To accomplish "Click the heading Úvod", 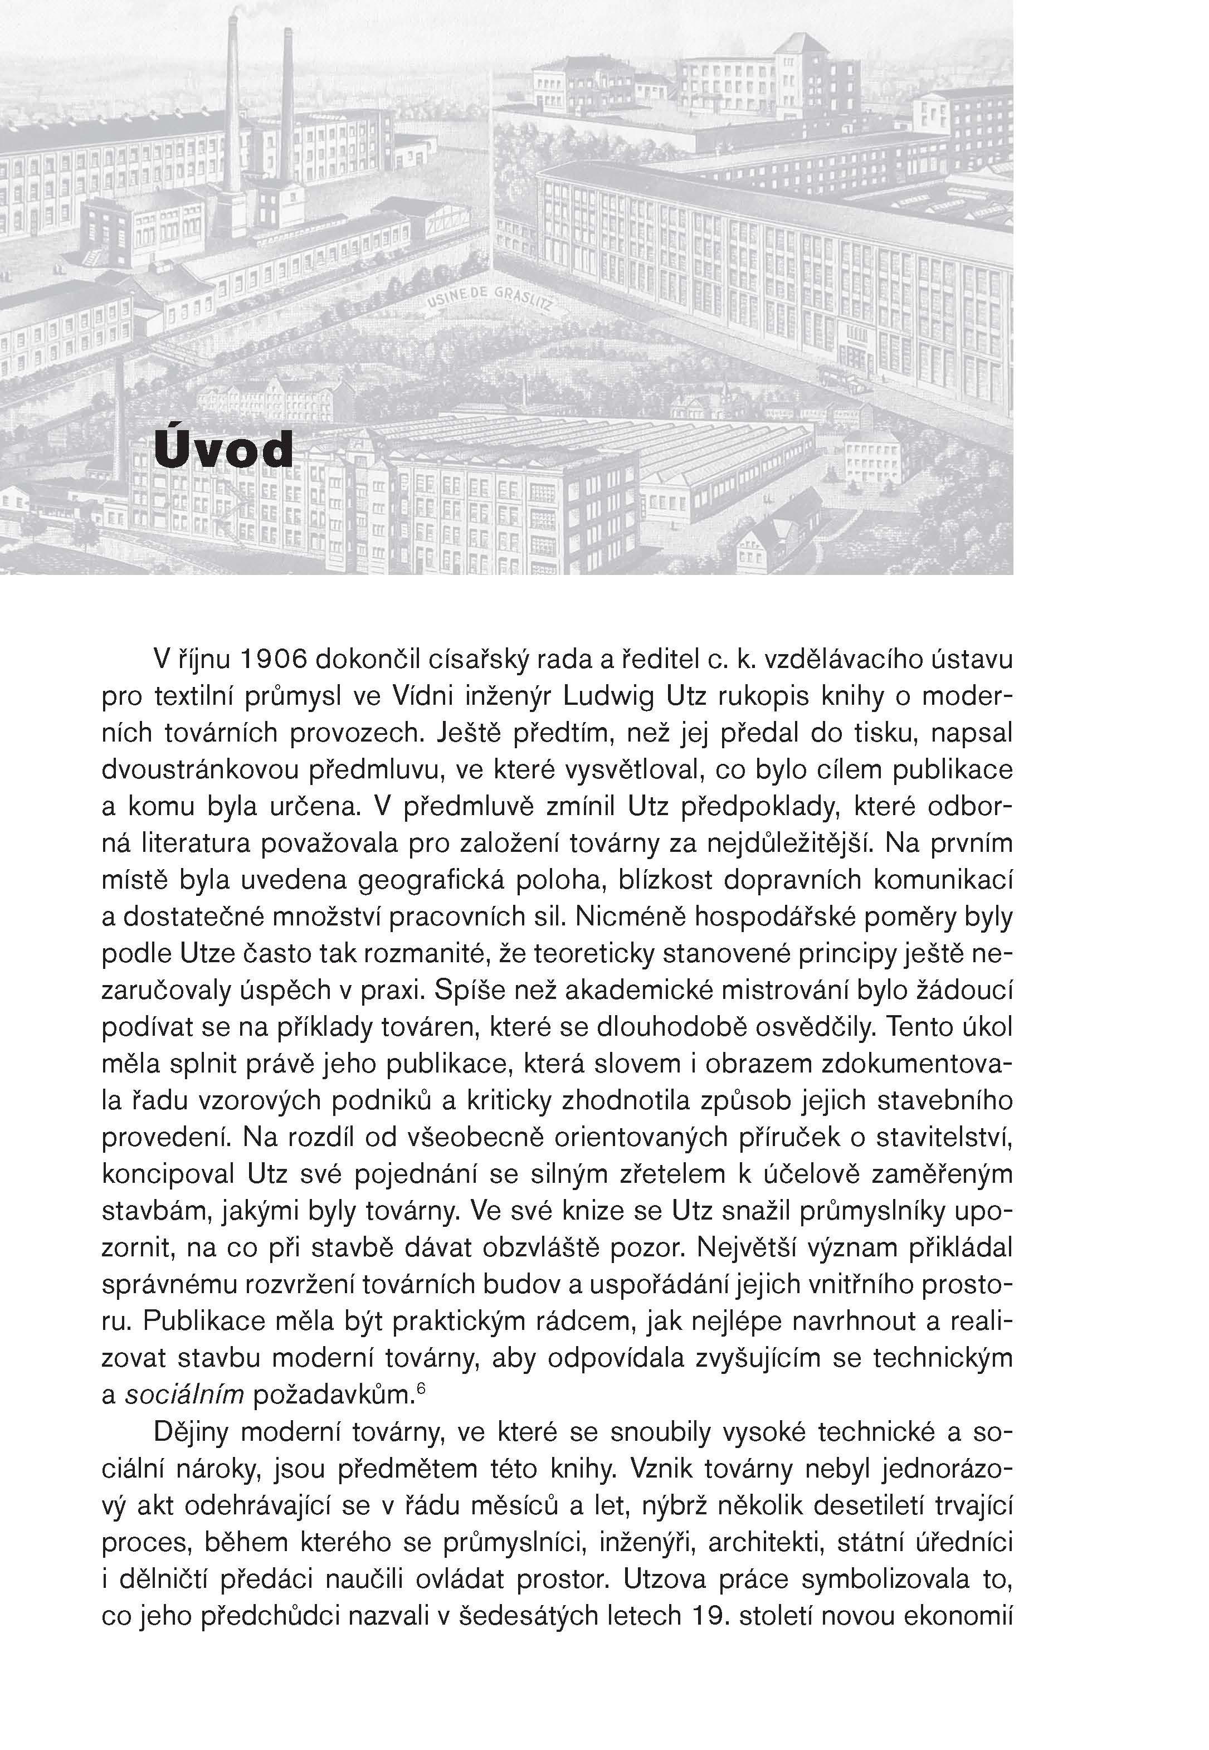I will [223, 451].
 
